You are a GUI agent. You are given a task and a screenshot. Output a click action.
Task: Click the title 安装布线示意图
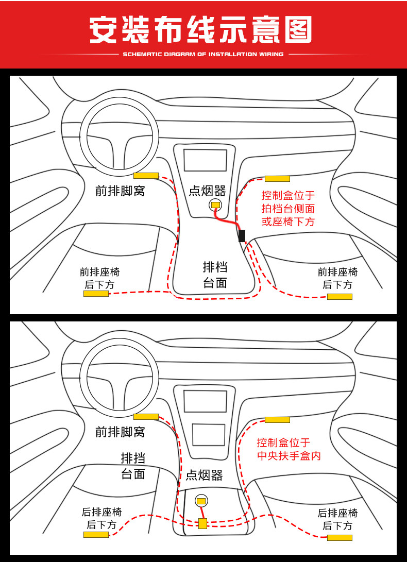tap(201, 30)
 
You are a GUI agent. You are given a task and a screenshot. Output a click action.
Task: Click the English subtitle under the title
tap(203, 54)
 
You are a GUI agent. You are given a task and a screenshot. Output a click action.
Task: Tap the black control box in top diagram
tap(242, 236)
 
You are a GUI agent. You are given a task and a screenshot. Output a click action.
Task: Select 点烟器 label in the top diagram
tap(207, 191)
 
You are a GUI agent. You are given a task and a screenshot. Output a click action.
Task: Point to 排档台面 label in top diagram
tap(215, 275)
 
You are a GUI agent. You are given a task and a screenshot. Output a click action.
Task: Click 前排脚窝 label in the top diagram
tap(120, 191)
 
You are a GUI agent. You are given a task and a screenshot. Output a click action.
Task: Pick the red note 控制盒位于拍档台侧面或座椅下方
tap(288, 209)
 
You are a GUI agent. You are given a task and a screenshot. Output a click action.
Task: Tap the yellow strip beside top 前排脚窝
tap(146, 175)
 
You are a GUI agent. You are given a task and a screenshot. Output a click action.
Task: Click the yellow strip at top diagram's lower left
tap(96, 294)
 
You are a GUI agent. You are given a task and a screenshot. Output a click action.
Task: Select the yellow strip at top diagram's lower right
tap(340, 297)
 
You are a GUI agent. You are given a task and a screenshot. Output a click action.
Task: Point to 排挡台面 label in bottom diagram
tap(133, 466)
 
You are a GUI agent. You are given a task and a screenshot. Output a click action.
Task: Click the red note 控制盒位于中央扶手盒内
tap(289, 449)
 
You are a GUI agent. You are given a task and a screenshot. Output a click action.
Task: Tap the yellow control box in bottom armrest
tap(202, 523)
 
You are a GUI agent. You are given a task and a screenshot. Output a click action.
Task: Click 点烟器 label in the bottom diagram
tap(204, 475)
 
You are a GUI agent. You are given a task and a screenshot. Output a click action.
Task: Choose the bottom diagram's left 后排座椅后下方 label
tap(101, 518)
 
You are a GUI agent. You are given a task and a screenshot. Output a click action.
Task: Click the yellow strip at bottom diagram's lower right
tap(340, 538)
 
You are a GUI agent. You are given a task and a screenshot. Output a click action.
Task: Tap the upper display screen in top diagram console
tap(206, 160)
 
